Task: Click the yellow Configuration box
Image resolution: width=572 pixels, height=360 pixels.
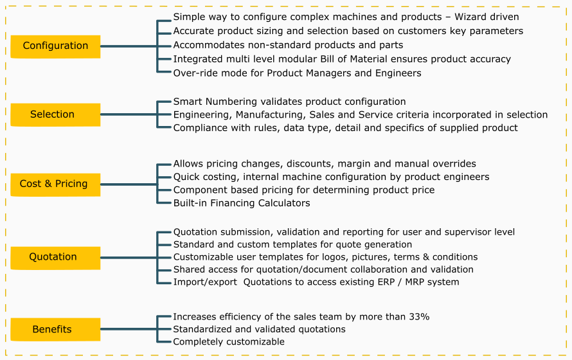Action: pyautogui.click(x=55, y=46)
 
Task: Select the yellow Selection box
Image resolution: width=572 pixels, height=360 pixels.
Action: pyautogui.click(x=55, y=114)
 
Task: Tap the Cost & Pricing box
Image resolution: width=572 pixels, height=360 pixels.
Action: pyautogui.click(x=55, y=184)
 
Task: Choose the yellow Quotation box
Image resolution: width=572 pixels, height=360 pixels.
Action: pyautogui.click(x=55, y=258)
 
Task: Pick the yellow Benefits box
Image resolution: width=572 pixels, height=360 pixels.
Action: pyautogui.click(x=55, y=329)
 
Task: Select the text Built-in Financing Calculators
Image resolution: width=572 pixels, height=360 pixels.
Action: pyautogui.click(x=242, y=203)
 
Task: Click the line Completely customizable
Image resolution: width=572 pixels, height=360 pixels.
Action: pyautogui.click(x=229, y=342)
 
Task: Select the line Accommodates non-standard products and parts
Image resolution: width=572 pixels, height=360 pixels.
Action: pyautogui.click(x=288, y=45)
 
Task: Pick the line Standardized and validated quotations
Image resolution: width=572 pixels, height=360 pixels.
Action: pyautogui.click(x=260, y=329)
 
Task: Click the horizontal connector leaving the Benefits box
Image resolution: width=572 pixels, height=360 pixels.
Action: pyautogui.click(x=129, y=329)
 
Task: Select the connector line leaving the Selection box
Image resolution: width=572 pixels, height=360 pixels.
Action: pyautogui.click(x=129, y=114)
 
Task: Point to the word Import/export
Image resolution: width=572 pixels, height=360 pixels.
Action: pyautogui.click(x=205, y=282)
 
